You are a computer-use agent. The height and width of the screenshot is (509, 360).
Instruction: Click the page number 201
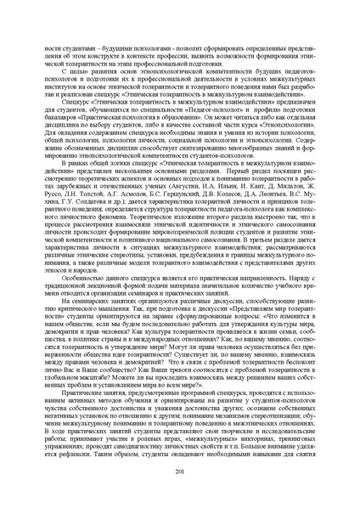[179, 472]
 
